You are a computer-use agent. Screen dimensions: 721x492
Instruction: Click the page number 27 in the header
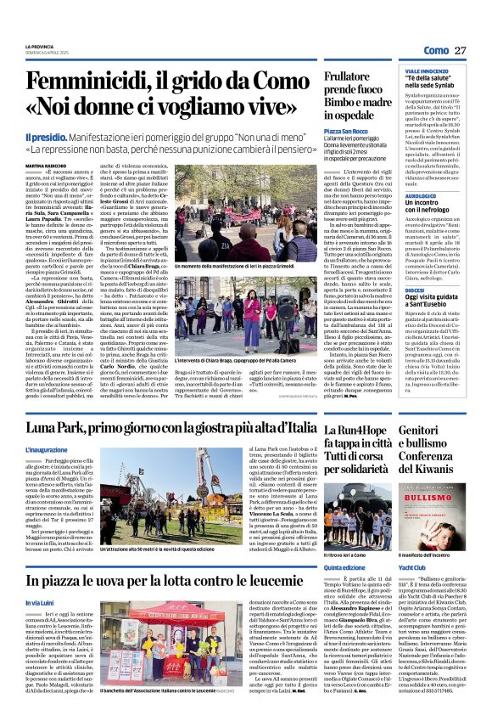pos(461,52)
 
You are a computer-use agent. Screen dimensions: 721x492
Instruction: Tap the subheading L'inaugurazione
pos(53,450)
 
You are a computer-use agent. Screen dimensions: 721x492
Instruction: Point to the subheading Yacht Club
pos(412,566)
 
